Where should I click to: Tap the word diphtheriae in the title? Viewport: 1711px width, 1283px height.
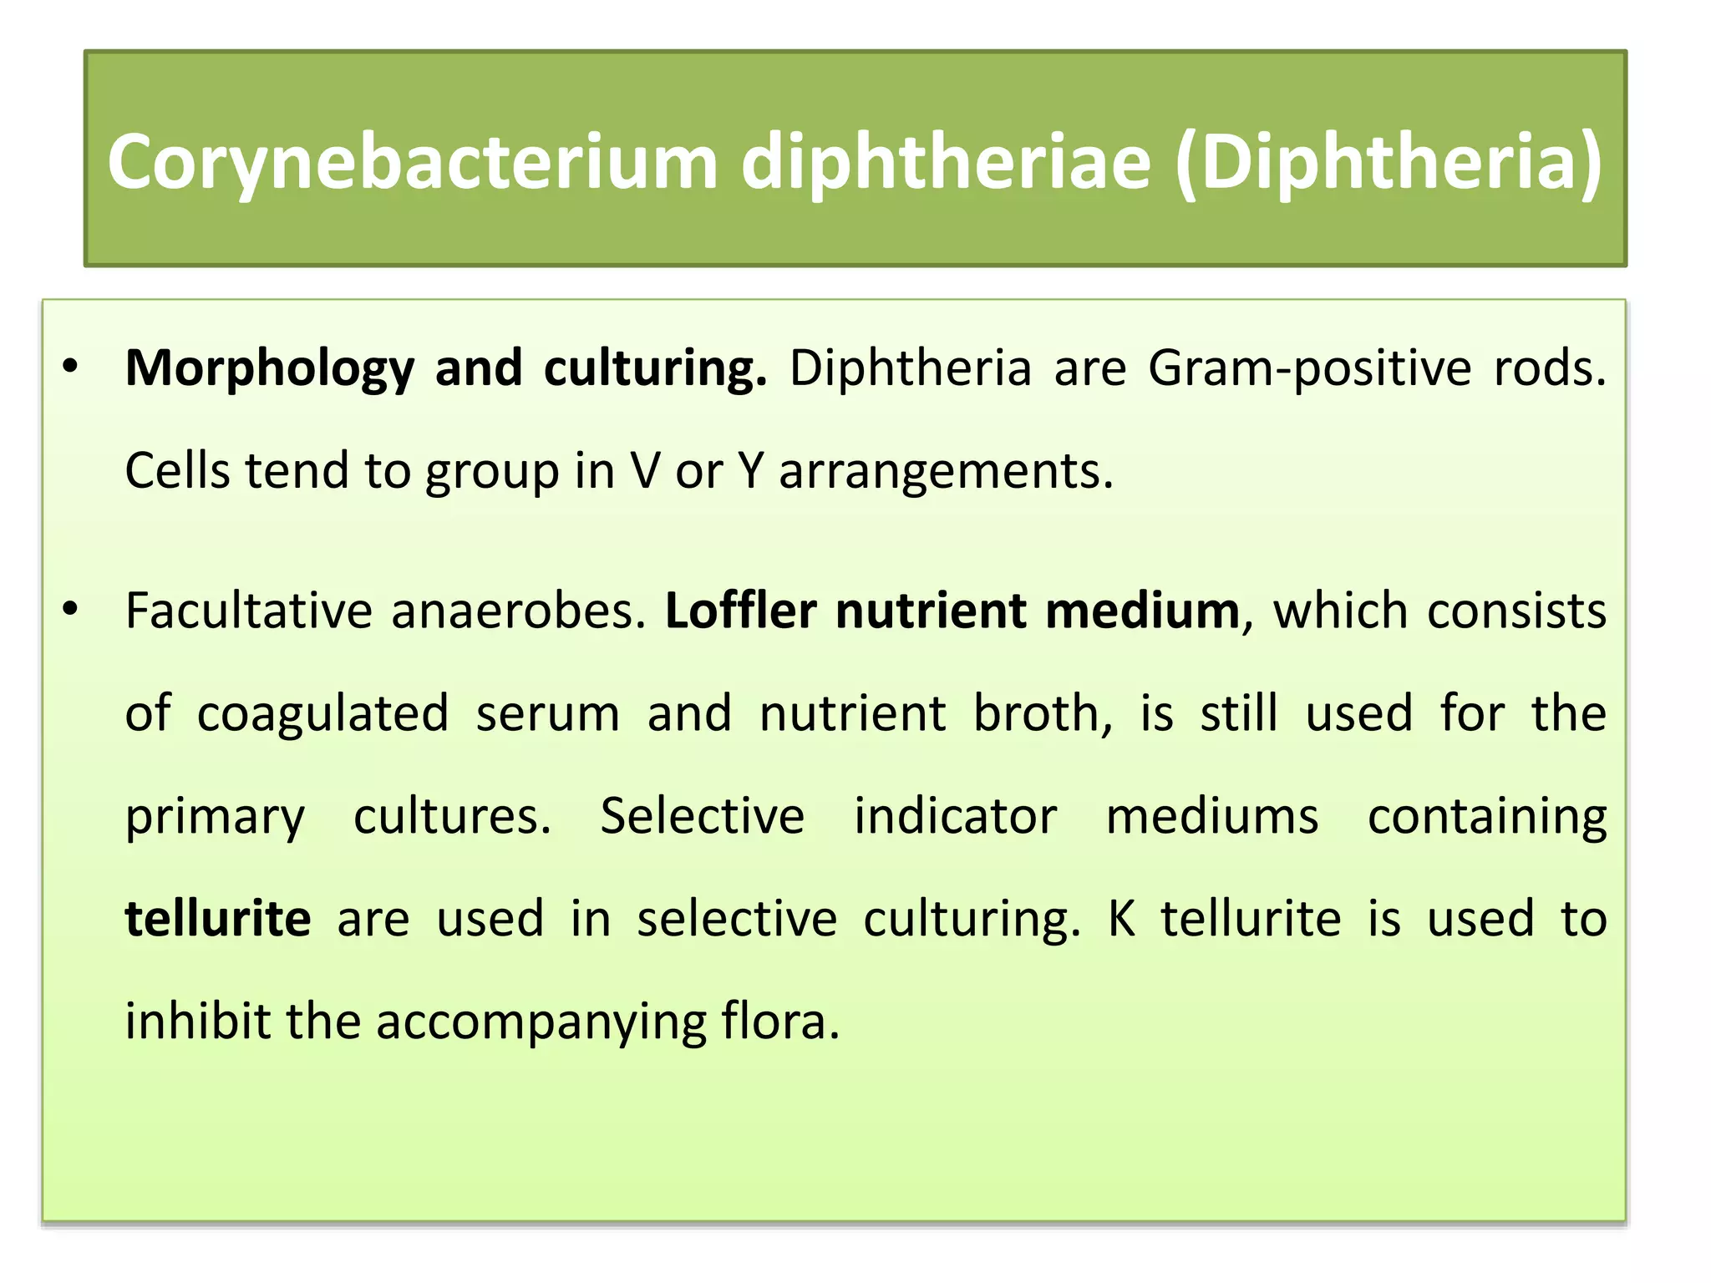point(946,163)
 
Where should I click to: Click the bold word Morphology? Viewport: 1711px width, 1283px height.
point(269,369)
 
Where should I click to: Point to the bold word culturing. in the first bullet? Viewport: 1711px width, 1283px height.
point(655,369)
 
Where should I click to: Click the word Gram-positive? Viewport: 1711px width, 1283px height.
point(1309,369)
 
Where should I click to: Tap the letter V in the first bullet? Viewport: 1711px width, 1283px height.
point(645,471)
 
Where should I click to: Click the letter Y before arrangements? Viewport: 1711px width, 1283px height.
point(750,471)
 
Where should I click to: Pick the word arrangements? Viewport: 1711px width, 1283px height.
point(946,471)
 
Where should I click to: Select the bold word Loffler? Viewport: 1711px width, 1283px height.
point(740,611)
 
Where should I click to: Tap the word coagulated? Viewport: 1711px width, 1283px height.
point(322,714)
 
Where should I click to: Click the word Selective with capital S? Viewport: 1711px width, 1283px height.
point(702,817)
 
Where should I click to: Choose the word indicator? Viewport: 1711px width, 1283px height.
point(955,817)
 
